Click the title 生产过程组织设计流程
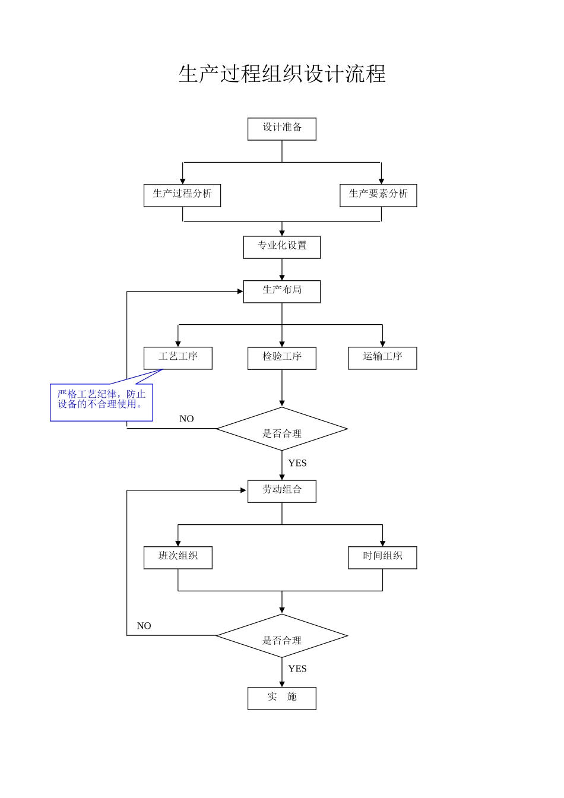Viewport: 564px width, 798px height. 282,74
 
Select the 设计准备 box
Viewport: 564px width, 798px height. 282,129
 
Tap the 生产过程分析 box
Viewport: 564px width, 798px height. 182,195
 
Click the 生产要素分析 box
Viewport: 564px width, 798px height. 378,195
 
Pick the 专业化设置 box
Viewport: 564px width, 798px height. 282,247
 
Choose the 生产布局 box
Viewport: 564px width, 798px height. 282,292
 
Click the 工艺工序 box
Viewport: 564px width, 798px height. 178,358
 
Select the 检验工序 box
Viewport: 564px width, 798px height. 282,358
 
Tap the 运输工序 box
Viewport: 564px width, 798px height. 382,358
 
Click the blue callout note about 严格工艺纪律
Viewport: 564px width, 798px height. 102,402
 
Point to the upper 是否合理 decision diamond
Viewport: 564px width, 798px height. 282,429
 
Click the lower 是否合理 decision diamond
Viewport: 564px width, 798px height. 282,636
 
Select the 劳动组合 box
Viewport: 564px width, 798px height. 282,491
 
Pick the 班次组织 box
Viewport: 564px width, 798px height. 178,558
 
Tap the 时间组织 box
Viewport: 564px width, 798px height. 382,558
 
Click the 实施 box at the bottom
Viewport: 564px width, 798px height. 282,698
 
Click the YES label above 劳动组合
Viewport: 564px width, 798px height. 297,463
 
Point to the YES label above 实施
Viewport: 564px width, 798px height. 297,669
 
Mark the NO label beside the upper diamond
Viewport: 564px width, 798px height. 186,419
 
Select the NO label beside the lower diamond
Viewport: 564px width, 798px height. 144,626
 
